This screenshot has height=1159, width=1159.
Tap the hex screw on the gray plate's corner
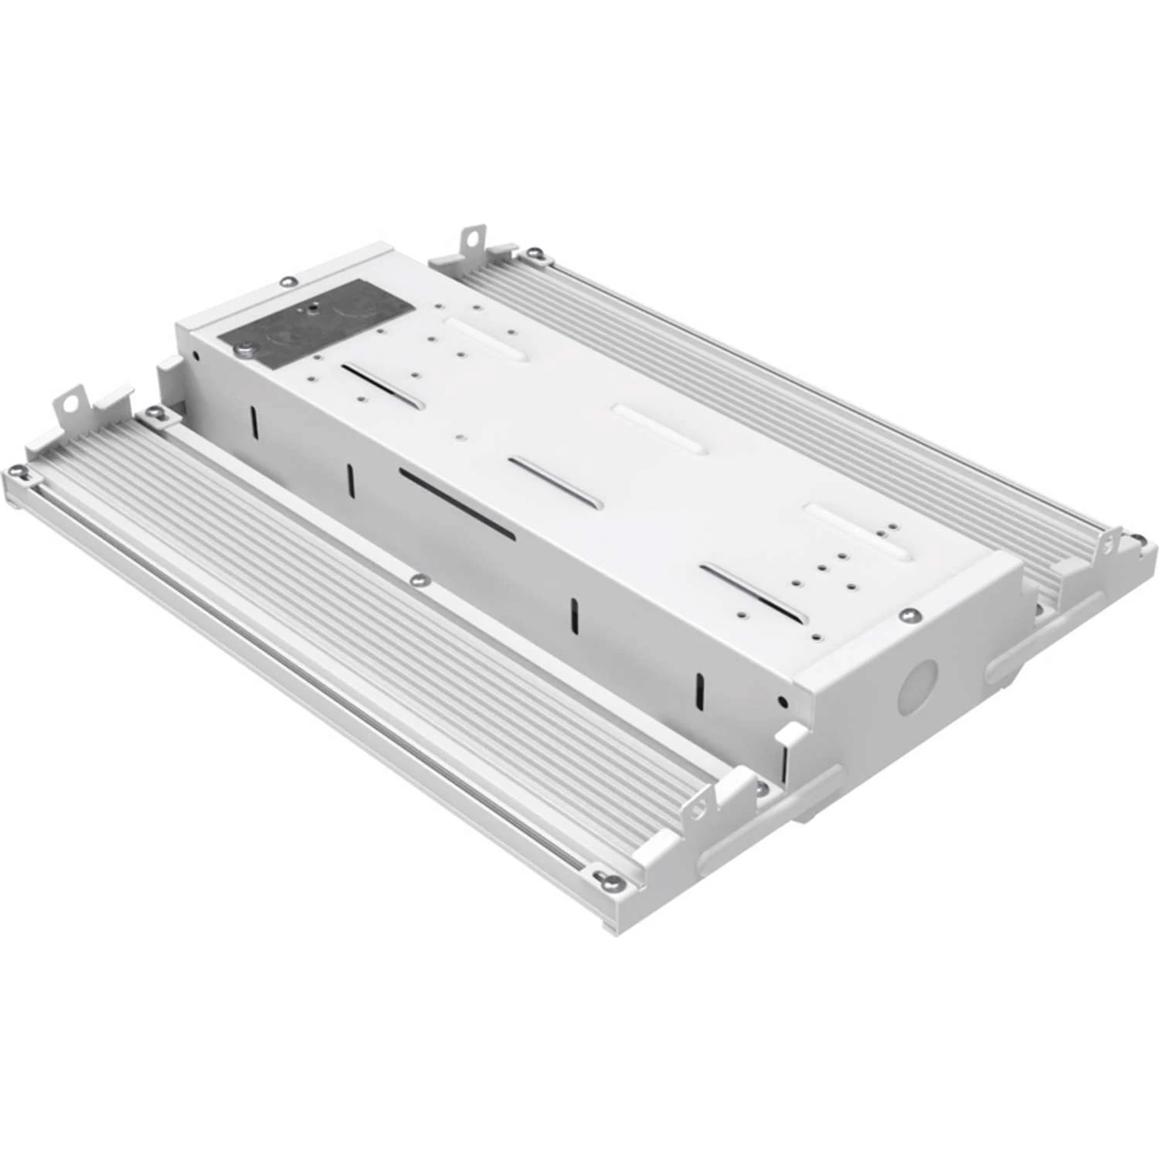click(244, 350)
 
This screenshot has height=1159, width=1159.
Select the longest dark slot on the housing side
click(457, 502)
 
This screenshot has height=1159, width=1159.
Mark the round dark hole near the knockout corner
click(783, 702)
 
